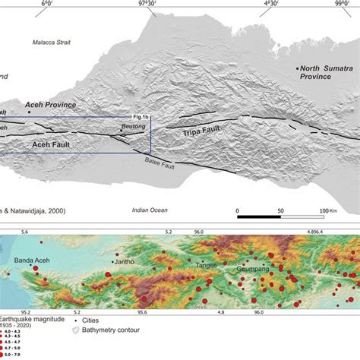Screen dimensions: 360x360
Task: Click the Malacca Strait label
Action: pyautogui.click(x=51, y=43)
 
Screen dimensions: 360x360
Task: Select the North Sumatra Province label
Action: pyautogui.click(x=327, y=73)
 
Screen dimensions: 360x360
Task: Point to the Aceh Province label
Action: pyautogui.click(x=51, y=105)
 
